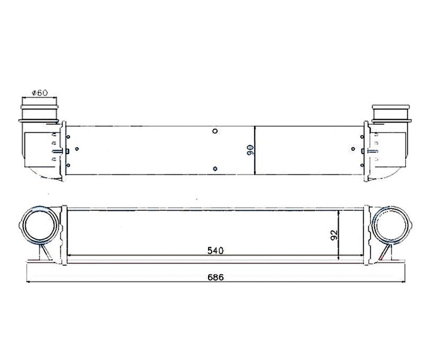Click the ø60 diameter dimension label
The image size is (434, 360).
40,92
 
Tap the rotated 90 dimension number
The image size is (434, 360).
250,150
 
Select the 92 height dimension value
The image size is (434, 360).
334,235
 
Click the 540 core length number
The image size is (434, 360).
215,251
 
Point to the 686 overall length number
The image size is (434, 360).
216,277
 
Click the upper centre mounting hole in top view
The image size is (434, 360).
215,131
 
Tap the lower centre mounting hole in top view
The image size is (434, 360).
215,169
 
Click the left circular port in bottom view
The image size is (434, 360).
40,224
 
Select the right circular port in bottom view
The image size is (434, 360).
391,224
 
